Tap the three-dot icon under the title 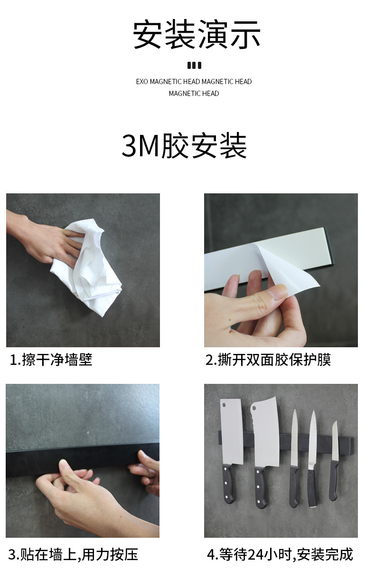coord(194,66)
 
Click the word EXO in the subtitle coord(142,82)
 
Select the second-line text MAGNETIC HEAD coord(194,94)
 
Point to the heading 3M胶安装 coord(184,146)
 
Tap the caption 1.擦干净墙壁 coord(51,360)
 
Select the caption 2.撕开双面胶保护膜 coord(268,360)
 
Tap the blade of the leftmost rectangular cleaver coord(232,432)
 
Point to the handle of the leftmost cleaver coord(229,485)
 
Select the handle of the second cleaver coord(261,487)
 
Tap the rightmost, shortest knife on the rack coord(335,456)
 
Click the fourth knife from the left coord(312,451)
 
